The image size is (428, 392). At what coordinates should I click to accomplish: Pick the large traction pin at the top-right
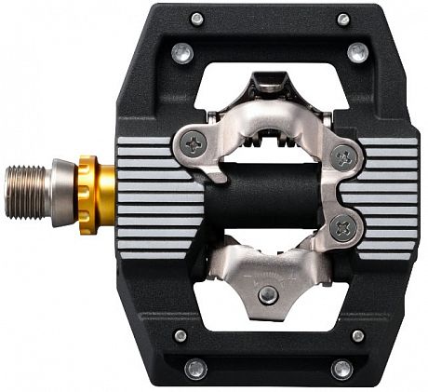[x=356, y=53]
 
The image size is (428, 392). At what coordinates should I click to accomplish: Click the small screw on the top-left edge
[x=196, y=19]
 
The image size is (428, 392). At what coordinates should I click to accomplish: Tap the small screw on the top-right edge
[x=343, y=19]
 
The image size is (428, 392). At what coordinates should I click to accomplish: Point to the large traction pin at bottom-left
[x=195, y=369]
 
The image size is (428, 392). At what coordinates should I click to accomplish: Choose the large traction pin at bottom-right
[x=342, y=369]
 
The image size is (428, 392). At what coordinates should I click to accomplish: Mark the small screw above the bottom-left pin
[x=181, y=335]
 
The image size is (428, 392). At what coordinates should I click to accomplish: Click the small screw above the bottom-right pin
[x=357, y=335]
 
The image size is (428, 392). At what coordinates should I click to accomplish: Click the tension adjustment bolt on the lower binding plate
[x=268, y=294]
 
